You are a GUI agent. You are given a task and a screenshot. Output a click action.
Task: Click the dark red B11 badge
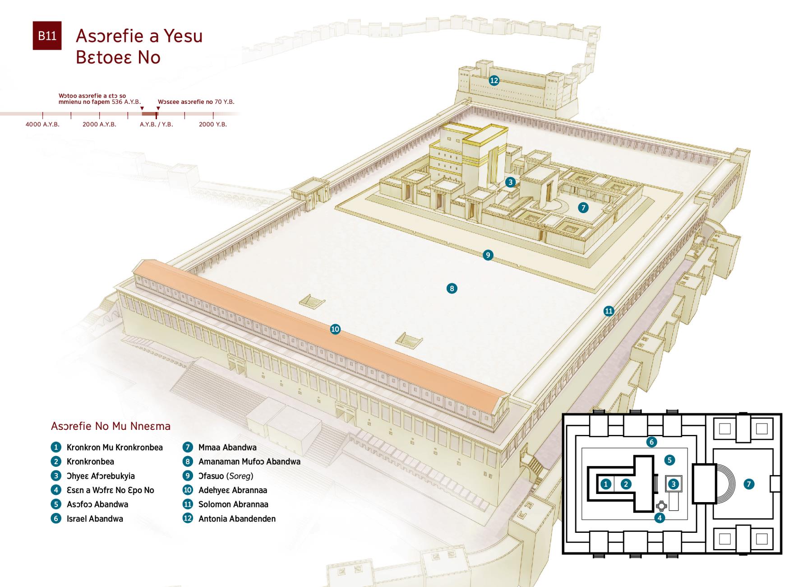47,36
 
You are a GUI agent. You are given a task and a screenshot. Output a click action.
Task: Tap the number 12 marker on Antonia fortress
494,80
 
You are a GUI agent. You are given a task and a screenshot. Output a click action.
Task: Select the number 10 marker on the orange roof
335,329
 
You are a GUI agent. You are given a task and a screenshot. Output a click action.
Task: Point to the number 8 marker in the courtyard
452,288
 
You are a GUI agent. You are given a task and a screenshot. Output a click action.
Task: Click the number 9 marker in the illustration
488,255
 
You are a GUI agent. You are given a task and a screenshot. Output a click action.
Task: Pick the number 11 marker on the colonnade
609,311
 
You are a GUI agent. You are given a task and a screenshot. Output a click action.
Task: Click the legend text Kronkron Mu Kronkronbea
115,447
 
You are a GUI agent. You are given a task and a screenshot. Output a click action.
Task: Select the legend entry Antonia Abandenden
237,519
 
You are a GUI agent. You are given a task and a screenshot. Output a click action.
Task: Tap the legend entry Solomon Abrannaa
233,504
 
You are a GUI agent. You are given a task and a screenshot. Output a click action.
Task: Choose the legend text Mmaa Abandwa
227,447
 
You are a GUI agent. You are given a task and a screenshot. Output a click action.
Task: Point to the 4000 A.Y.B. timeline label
42,124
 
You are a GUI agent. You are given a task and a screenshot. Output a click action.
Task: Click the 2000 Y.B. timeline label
213,124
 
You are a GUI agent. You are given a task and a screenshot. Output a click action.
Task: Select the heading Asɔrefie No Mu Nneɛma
111,426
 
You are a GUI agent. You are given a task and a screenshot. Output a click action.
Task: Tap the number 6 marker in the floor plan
651,442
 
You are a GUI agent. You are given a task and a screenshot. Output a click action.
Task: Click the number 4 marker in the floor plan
660,517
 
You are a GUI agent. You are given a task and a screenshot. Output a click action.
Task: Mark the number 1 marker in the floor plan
606,484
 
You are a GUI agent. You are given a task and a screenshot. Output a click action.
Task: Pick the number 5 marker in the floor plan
669,460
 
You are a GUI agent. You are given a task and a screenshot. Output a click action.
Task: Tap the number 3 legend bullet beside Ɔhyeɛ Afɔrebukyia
56,475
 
